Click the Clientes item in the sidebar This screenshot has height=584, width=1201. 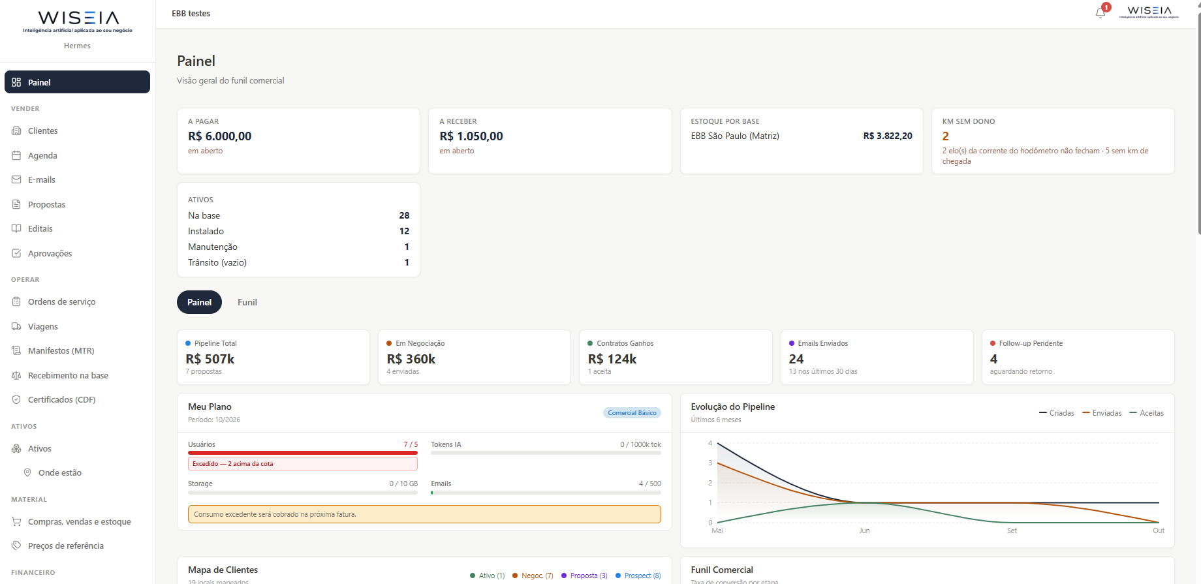(x=42, y=131)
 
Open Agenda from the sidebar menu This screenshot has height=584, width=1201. (x=42, y=156)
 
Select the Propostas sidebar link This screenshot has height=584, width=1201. (x=46, y=205)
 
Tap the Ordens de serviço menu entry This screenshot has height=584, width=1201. (x=61, y=302)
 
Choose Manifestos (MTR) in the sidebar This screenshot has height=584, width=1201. (x=61, y=351)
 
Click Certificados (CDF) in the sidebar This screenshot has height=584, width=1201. (x=61, y=400)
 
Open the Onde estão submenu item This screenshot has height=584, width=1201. (x=59, y=473)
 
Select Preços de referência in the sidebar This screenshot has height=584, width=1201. (x=65, y=546)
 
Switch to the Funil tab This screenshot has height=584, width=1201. (x=247, y=302)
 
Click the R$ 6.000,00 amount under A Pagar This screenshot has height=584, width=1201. (x=220, y=136)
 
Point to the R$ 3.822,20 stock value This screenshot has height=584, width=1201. (x=888, y=136)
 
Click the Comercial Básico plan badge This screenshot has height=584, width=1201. (x=632, y=413)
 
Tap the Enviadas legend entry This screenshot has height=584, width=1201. (x=1102, y=413)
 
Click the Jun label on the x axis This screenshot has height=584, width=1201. (x=864, y=531)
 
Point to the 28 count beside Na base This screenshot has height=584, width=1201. (x=404, y=216)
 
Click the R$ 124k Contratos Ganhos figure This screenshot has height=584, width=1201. (x=612, y=360)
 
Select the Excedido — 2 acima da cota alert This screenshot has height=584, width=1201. (x=303, y=464)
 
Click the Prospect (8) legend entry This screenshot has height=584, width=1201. (x=638, y=576)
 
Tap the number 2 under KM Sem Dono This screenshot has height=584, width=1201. (x=946, y=136)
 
